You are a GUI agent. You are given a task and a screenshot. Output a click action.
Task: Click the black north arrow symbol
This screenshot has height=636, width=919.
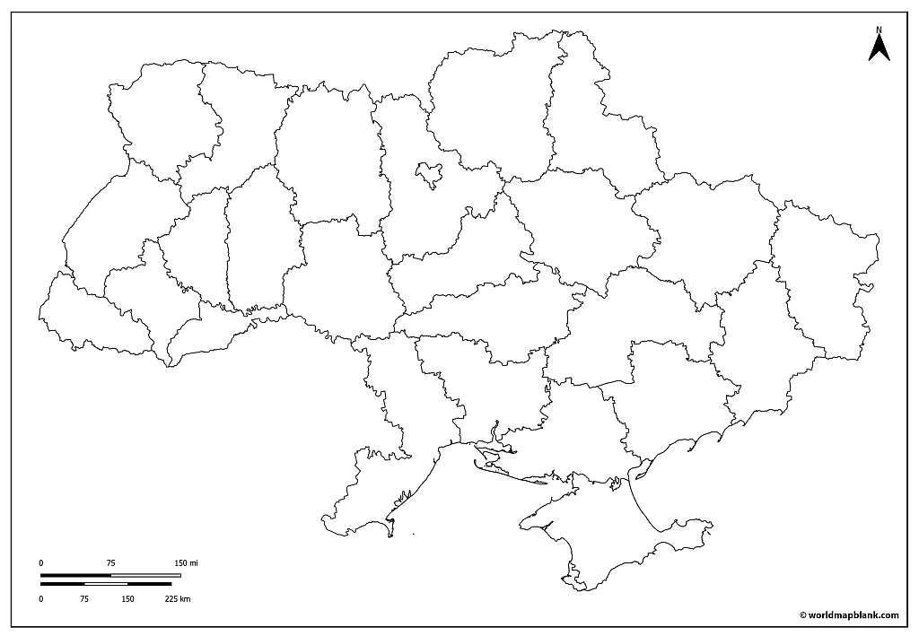(x=879, y=48)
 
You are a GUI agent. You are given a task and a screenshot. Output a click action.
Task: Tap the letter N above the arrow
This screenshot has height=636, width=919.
(x=879, y=30)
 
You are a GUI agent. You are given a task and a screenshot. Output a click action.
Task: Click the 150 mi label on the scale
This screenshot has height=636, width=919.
(x=186, y=563)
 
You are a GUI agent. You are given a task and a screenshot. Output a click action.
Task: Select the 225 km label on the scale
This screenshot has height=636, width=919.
(x=178, y=598)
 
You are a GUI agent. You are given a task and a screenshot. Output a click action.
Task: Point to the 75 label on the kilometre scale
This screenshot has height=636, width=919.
(x=84, y=598)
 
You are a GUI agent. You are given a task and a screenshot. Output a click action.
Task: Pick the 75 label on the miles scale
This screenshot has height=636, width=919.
(x=110, y=563)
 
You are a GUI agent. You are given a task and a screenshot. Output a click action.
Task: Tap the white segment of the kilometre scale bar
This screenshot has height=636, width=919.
(x=106, y=584)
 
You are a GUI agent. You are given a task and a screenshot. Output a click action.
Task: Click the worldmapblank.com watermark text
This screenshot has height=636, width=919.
(x=848, y=614)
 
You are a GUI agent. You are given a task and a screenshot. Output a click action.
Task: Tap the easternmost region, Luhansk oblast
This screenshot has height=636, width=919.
(x=826, y=278)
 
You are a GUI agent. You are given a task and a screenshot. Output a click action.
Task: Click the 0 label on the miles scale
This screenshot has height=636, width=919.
(x=41, y=563)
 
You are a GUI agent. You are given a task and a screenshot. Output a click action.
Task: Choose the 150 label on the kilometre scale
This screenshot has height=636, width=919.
(x=127, y=598)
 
